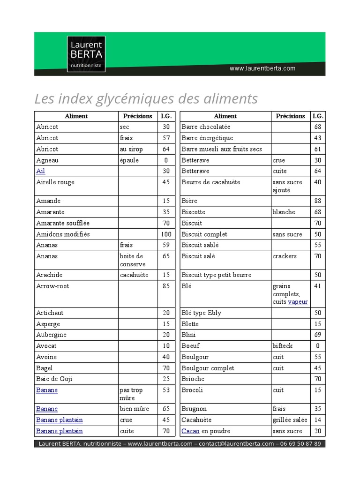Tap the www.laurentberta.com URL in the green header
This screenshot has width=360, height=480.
[262, 68]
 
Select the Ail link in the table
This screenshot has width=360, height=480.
[41, 171]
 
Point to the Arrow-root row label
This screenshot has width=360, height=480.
[52, 286]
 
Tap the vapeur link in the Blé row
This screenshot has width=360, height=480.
[298, 302]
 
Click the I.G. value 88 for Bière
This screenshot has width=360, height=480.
[317, 201]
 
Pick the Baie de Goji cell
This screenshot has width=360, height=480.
[54, 379]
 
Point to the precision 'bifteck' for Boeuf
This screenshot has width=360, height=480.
[282, 345]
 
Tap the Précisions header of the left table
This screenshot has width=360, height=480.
[137, 116]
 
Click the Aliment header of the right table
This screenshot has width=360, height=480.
[225, 116]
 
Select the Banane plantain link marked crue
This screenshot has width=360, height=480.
[60, 420]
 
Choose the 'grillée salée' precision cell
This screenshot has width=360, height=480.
[289, 420]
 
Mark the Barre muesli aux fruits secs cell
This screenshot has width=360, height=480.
[222, 149]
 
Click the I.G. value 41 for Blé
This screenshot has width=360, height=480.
[317, 286]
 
